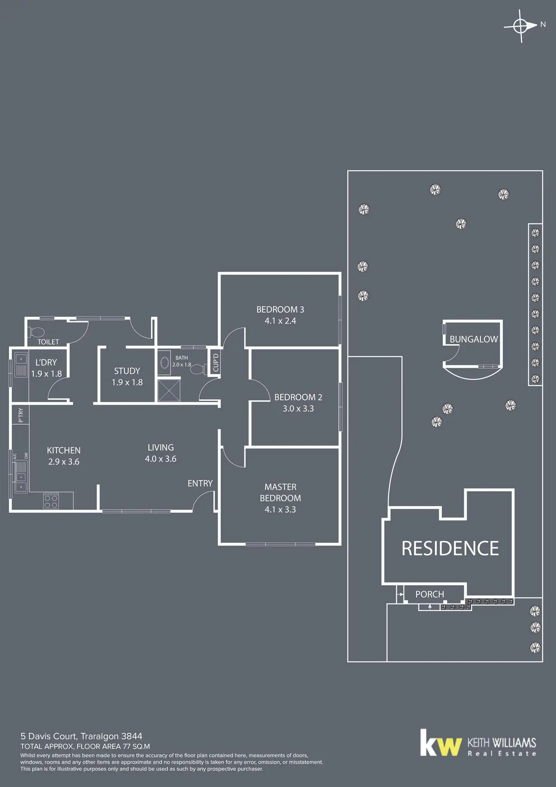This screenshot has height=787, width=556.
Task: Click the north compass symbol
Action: pyautogui.click(x=521, y=26)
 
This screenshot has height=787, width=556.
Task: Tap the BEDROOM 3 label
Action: pyautogui.click(x=280, y=310)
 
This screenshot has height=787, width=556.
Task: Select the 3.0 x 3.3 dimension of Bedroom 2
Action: pyautogui.click(x=298, y=409)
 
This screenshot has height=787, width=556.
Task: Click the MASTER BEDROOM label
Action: pyautogui.click(x=280, y=492)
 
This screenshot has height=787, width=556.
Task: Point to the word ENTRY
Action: pyautogui.click(x=200, y=483)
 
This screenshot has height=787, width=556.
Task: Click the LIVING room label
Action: pyautogui.click(x=161, y=448)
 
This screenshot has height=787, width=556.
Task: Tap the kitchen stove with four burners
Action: pyautogui.click(x=51, y=501)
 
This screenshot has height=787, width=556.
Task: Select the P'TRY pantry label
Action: pyautogui.click(x=21, y=415)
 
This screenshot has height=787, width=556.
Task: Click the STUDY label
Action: pyautogui.click(x=127, y=371)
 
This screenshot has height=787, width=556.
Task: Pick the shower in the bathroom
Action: pyautogui.click(x=169, y=391)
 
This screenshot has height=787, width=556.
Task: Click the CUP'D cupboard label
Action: pyautogui.click(x=216, y=363)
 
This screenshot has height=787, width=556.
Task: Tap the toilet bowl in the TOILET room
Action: pyautogui.click(x=37, y=332)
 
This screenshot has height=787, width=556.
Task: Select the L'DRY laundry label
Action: pyautogui.click(x=46, y=363)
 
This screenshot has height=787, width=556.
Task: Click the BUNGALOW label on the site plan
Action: pyautogui.click(x=474, y=339)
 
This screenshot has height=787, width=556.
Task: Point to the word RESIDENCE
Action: pyautogui.click(x=450, y=548)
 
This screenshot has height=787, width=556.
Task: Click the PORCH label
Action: pyautogui.click(x=429, y=594)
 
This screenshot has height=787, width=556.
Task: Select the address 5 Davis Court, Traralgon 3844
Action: pyautogui.click(x=81, y=736)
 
